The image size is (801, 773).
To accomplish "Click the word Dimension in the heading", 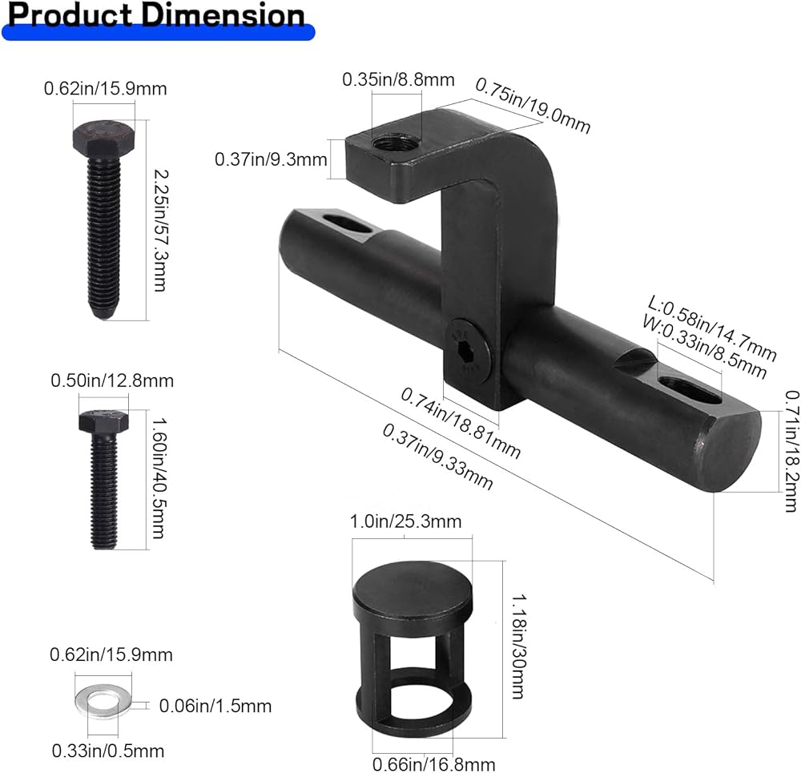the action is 223,14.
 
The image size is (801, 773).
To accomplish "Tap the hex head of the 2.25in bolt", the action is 103,137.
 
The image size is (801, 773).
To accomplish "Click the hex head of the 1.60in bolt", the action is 103,421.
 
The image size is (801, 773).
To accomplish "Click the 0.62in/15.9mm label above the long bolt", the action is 105,89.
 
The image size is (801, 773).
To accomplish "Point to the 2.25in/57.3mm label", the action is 161,231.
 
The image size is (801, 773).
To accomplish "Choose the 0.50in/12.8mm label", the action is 112,380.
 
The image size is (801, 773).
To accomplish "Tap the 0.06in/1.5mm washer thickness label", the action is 215,706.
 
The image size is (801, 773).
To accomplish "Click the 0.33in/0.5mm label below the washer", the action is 108,751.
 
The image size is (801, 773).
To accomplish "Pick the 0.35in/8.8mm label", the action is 398,79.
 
